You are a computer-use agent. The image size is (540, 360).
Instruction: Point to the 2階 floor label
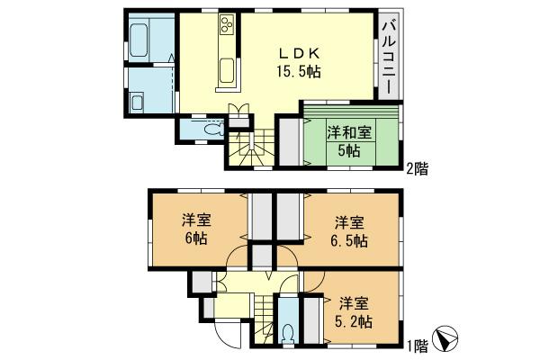[x=415, y=166]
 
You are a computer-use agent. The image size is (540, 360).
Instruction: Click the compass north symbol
[x=445, y=338]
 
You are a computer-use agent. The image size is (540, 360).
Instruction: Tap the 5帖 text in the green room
[x=348, y=150]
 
